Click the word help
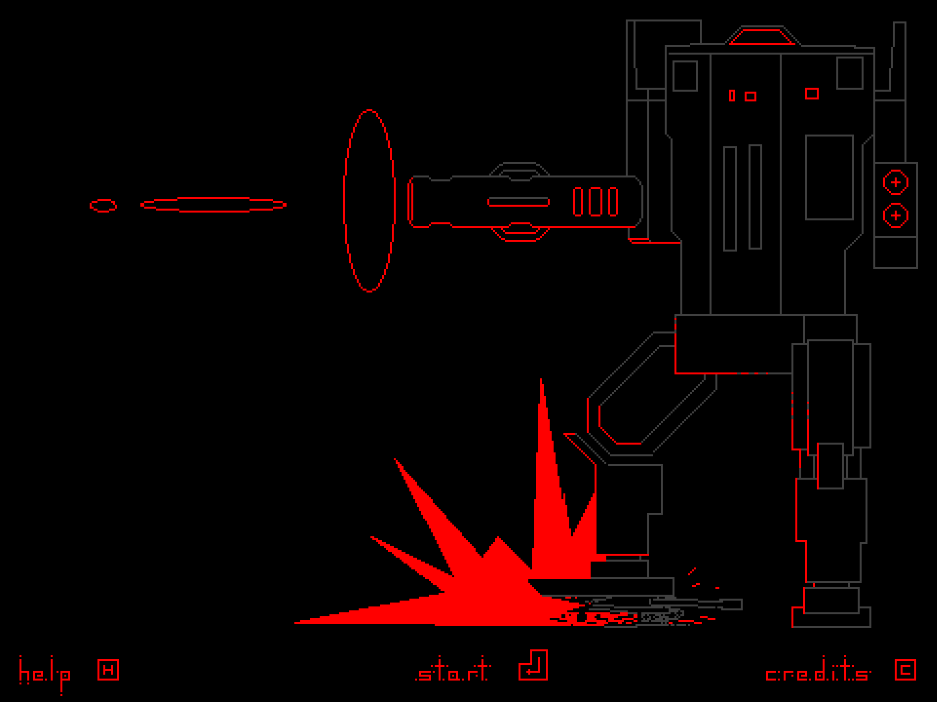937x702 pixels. coord(44,673)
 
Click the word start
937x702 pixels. coord(453,671)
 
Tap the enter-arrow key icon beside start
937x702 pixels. coord(533,666)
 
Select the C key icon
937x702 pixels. coord(905,669)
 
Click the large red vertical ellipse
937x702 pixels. coord(369,200)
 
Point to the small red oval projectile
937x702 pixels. coord(103,205)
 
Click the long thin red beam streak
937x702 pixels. coord(213,205)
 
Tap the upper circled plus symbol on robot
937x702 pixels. coord(895,183)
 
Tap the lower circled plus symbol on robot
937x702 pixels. coord(895,215)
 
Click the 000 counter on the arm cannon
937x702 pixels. coord(595,201)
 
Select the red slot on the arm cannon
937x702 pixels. coord(518,201)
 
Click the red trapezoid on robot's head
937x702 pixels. coord(762,37)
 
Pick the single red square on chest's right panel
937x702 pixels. coord(812,94)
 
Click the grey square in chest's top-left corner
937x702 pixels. coord(685,76)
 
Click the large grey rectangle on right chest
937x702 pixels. coord(829,177)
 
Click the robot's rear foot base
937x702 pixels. coord(831,617)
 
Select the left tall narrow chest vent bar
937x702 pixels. coord(730,198)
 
